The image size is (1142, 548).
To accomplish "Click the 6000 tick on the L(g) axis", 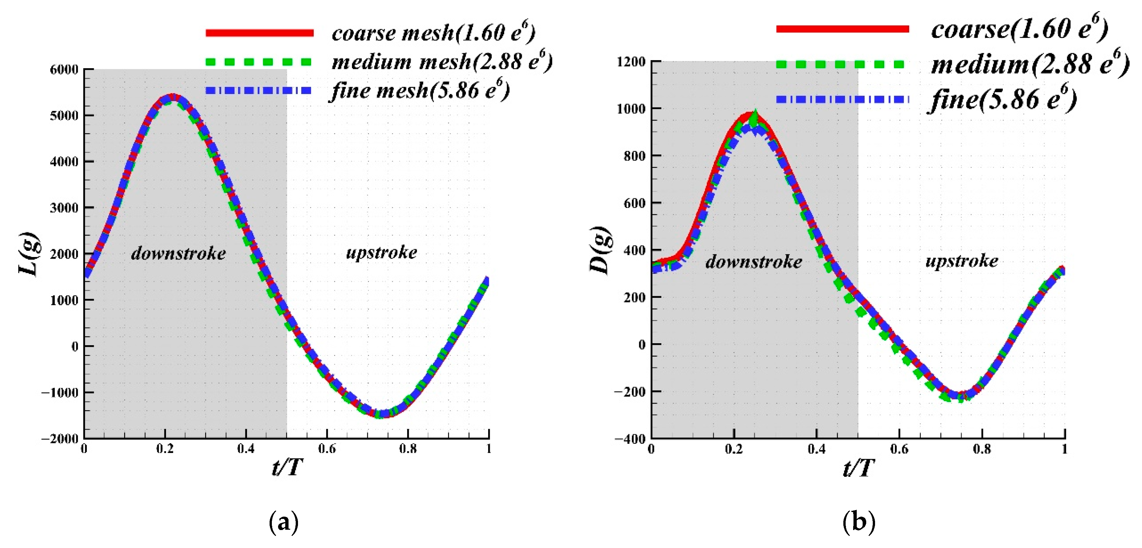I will pos(65,70).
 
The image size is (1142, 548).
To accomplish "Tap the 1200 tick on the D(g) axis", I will pos(631,62).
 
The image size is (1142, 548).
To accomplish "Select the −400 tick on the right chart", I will pos(630,439).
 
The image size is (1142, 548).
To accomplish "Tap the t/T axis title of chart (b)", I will pos(859,467).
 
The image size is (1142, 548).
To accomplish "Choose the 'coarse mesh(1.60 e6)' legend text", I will pos(433,32).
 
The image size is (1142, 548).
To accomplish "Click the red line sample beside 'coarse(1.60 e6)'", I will pos(842,29).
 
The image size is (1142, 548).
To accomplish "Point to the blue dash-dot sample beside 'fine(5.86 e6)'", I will pos(842,99).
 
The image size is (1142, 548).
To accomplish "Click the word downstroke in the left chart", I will pos(178,253).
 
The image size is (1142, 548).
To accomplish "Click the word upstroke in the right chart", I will pos(962,261).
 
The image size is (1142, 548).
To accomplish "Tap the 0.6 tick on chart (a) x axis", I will pos(327,449).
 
